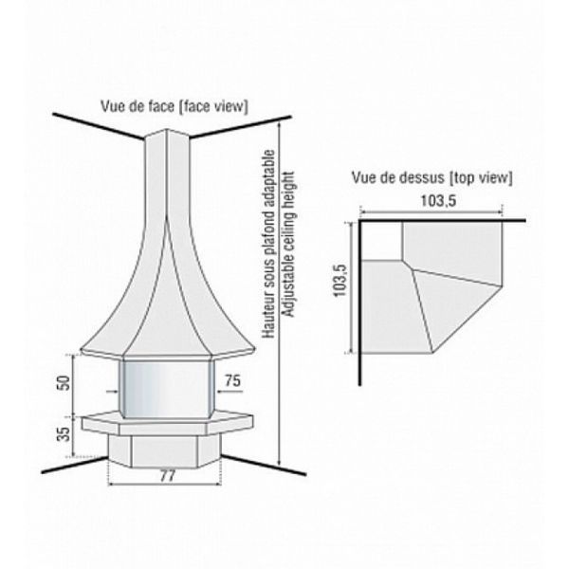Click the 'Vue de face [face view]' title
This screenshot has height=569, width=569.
click(x=174, y=106)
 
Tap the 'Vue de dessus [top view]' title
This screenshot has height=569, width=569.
click(x=431, y=178)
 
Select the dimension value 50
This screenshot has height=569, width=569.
click(x=64, y=382)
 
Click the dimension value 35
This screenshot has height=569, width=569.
click(x=64, y=434)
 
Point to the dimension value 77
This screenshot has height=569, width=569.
click(x=167, y=476)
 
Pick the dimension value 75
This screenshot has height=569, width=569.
click(x=232, y=380)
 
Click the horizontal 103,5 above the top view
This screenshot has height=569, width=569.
click(x=438, y=201)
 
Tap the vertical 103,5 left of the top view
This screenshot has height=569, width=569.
click(x=340, y=282)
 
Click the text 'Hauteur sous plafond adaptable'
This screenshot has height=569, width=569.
click(x=269, y=244)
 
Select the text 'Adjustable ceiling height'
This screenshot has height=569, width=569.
click(x=289, y=244)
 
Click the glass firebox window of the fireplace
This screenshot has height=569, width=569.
click(x=167, y=389)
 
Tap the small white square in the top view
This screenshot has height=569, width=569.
click(x=381, y=241)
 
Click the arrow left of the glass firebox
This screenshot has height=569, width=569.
click(x=112, y=392)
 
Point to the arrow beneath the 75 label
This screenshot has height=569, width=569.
click(x=229, y=392)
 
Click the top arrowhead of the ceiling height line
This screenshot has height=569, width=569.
click(x=279, y=125)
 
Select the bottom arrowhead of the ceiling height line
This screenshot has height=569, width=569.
click(x=279, y=463)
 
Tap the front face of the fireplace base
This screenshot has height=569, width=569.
click(x=164, y=451)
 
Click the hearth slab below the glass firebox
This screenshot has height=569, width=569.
click(x=167, y=423)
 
